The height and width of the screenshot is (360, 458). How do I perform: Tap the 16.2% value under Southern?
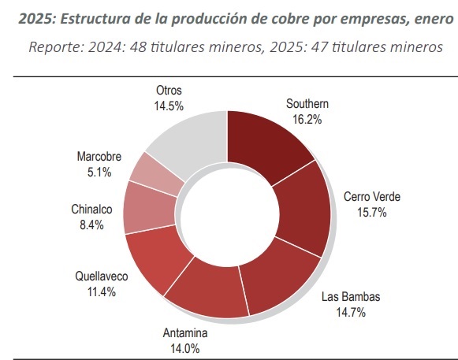coord(307,120)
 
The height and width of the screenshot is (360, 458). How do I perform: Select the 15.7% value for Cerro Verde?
coord(372,212)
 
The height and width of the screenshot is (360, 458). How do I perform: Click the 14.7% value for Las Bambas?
coord(351,313)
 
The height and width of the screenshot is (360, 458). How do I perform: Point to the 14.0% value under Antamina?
coord(185,348)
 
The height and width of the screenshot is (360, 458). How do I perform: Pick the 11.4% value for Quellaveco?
coord(102,291)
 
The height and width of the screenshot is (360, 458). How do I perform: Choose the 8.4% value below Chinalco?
coord(91,225)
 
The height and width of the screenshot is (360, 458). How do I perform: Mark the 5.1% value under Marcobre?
coord(99,173)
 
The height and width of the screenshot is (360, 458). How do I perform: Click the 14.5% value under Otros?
coord(169,106)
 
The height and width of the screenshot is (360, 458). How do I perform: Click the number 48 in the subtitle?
coord(138,47)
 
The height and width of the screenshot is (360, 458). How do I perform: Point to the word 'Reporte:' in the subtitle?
coord(56,47)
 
